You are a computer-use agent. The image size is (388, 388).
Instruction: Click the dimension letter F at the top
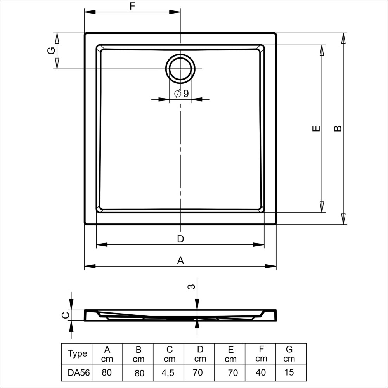(132, 6)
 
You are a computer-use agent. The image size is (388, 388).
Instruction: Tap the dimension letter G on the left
(51, 51)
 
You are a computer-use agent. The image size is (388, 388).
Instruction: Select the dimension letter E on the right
(316, 128)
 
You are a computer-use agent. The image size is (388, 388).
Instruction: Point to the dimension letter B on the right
(338, 128)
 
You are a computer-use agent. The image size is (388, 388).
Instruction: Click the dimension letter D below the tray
(180, 239)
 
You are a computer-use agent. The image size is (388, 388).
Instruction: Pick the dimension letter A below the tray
(181, 261)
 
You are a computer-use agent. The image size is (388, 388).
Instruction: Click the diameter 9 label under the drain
(182, 94)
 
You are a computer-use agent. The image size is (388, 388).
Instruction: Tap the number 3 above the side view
(192, 287)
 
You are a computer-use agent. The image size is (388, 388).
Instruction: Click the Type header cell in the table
(78, 353)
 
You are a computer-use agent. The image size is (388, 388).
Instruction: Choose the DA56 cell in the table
(79, 372)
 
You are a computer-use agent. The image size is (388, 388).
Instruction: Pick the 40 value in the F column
(261, 372)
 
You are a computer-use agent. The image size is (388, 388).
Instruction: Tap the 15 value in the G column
(289, 372)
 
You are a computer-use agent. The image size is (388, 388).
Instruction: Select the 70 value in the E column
(233, 372)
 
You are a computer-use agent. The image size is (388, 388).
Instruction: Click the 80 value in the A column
(107, 372)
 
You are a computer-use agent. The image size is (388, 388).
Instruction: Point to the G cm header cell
(289, 354)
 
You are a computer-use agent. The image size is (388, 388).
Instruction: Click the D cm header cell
(200, 354)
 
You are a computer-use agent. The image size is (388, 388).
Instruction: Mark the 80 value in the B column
(139, 373)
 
